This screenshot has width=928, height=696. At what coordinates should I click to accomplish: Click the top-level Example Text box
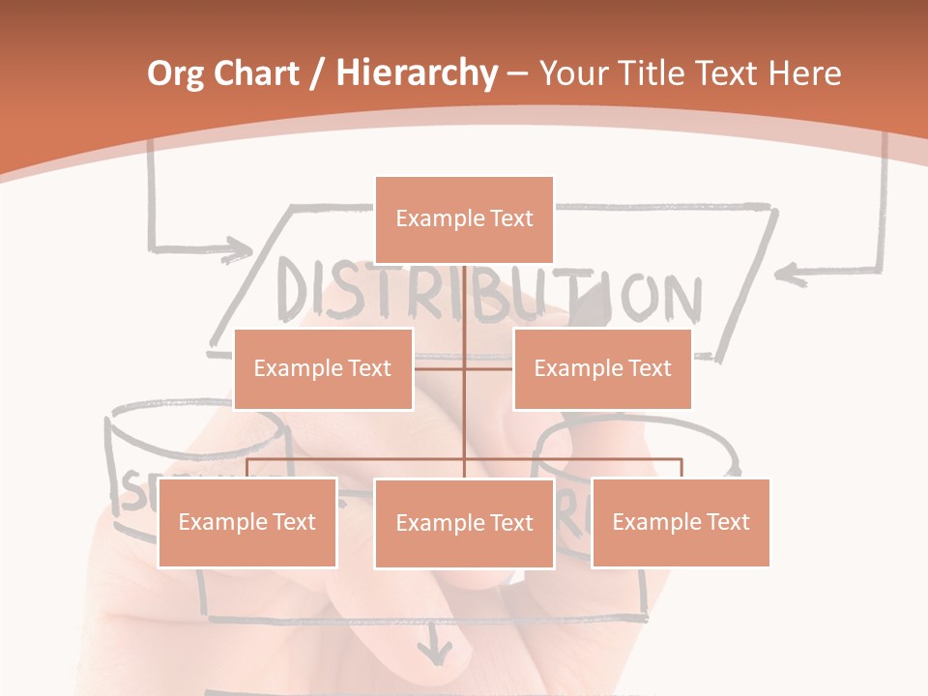(x=464, y=219)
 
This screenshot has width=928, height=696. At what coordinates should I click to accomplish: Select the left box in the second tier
(x=323, y=368)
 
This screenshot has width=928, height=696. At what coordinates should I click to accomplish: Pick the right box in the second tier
(x=602, y=368)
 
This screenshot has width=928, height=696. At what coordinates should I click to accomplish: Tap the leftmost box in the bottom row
(x=246, y=522)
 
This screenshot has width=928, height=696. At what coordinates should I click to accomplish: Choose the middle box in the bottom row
(x=464, y=523)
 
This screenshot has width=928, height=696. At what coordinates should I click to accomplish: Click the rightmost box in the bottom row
(x=681, y=522)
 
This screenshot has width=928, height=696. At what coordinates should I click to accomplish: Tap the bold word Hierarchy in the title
(x=416, y=73)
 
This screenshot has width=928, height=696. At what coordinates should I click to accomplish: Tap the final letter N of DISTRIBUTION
(x=680, y=299)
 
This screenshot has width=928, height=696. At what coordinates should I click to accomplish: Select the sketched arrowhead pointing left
(x=793, y=275)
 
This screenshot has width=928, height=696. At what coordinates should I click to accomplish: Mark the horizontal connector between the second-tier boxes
(x=464, y=368)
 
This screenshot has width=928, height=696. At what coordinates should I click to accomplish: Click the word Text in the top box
(x=509, y=219)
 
